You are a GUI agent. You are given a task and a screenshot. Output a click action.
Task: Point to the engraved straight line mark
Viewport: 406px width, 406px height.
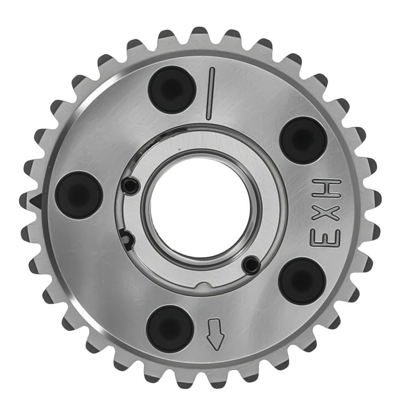click(x=210, y=93)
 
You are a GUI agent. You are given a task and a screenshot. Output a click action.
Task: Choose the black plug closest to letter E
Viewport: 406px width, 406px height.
click(x=303, y=281)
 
